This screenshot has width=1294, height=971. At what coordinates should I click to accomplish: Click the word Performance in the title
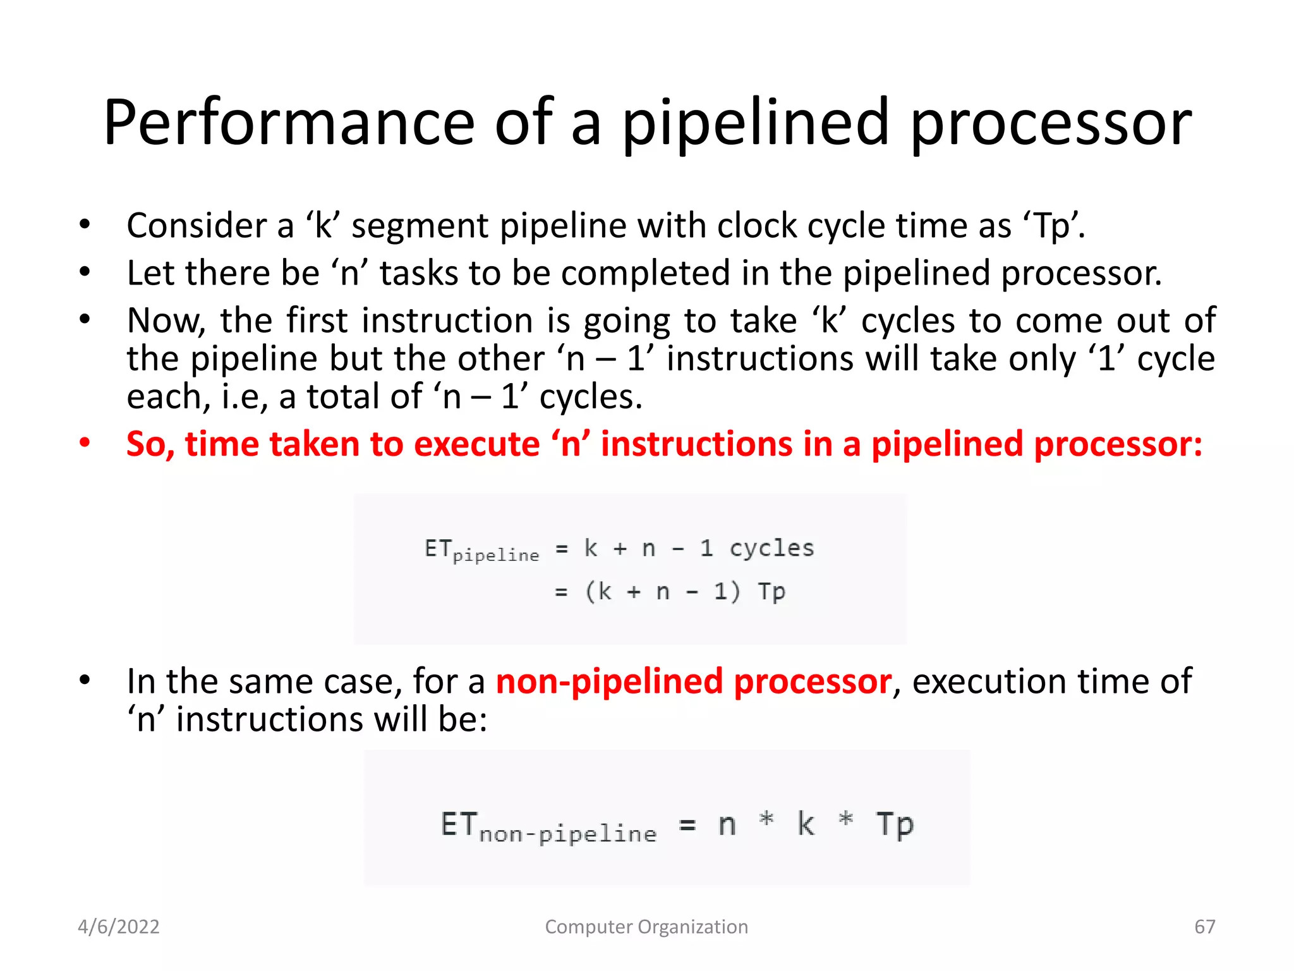[289, 123]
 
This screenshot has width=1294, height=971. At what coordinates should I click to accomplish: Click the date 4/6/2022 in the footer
[118, 927]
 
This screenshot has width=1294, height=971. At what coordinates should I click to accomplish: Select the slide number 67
[1204, 927]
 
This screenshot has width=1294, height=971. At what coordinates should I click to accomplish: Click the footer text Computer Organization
[646, 927]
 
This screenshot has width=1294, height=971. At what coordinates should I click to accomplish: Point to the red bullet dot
[85, 443]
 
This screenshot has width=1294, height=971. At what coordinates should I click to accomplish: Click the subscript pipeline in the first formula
[496, 555]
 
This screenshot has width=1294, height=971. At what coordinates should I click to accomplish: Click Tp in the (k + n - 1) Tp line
[771, 592]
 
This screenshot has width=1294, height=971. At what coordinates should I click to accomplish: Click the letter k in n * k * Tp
[806, 824]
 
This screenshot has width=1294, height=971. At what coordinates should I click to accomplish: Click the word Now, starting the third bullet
[166, 321]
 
